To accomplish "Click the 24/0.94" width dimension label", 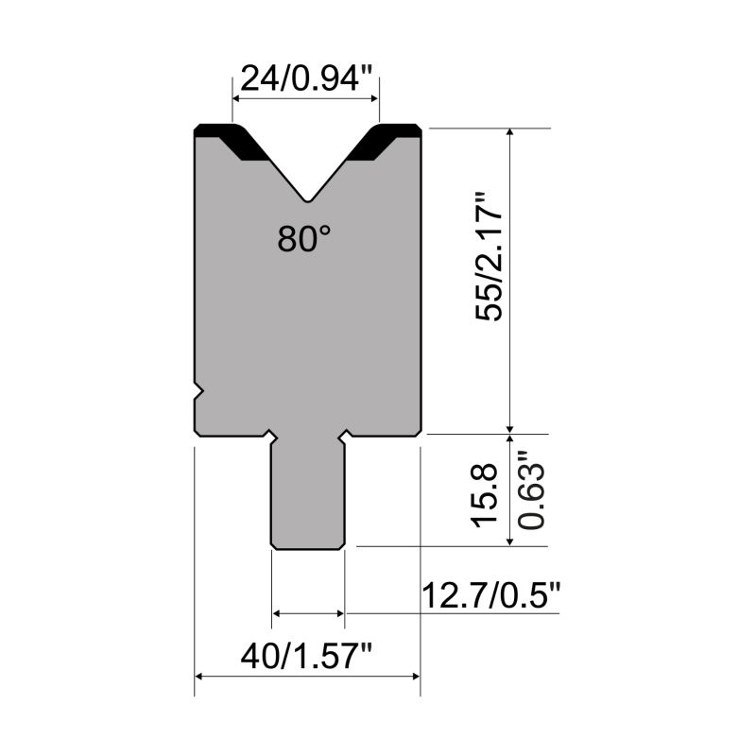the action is pyautogui.click(x=306, y=79).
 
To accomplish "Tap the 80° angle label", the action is pyautogui.click(x=304, y=239).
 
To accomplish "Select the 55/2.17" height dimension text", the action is pyautogui.click(x=489, y=256).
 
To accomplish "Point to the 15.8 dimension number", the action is pyautogui.click(x=485, y=494).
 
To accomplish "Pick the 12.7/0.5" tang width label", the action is pyautogui.click(x=491, y=595).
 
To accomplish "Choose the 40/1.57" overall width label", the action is pyautogui.click(x=306, y=657).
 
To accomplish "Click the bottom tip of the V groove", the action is pyautogui.click(x=308, y=200).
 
